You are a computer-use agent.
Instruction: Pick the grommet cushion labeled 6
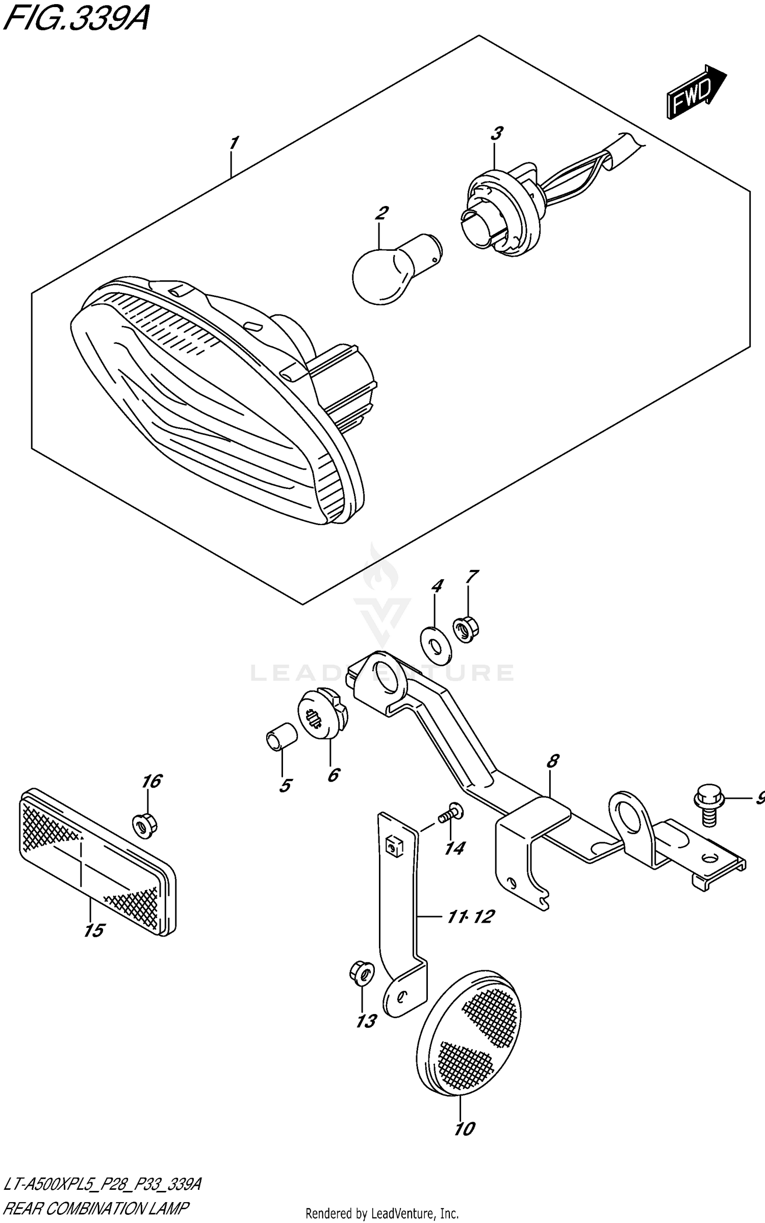(x=323, y=713)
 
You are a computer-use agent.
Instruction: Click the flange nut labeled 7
(x=465, y=630)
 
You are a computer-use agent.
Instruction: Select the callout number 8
(x=552, y=776)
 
